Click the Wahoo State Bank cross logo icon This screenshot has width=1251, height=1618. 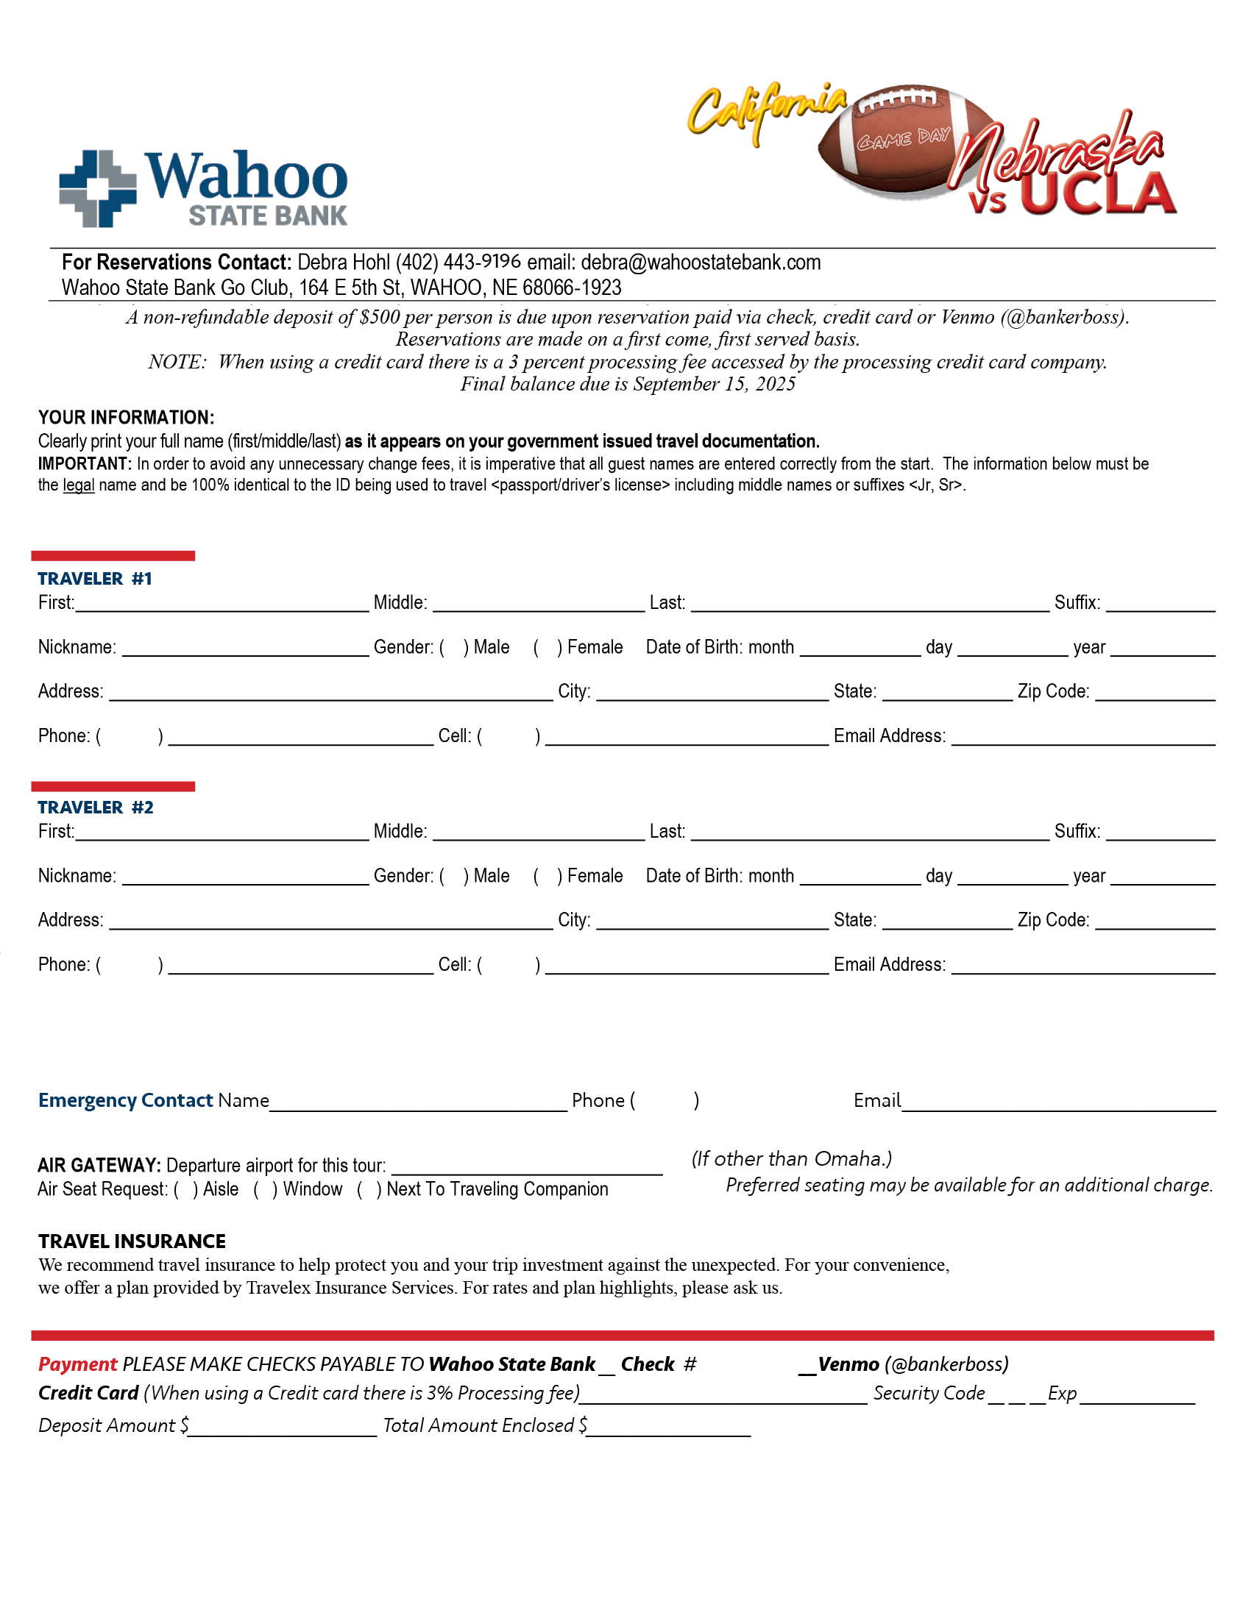[x=97, y=188]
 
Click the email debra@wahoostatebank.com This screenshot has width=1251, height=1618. [x=701, y=263]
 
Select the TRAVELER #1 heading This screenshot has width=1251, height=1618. [x=95, y=579]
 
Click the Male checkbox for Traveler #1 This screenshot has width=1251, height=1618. [x=453, y=647]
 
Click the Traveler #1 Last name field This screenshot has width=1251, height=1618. [x=868, y=602]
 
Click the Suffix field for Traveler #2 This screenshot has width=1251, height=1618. [x=1160, y=830]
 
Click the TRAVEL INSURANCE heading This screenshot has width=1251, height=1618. [x=132, y=1241]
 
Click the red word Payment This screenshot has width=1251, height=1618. [x=77, y=1364]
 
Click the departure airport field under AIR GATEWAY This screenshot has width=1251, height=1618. [x=526, y=1165]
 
